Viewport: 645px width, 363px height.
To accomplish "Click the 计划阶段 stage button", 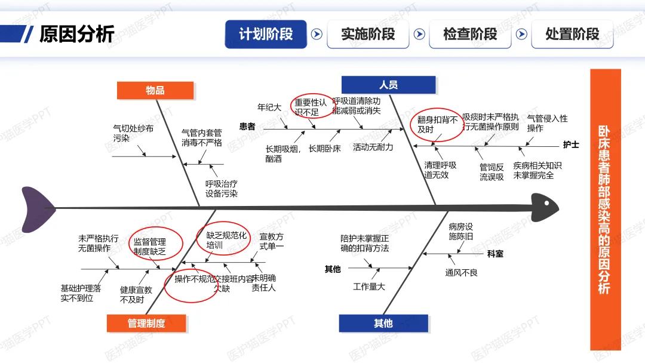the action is pyautogui.click(x=266, y=34).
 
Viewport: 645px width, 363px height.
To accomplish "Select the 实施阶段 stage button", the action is pyautogui.click(x=368, y=34).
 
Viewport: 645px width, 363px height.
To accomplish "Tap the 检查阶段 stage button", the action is pyautogui.click(x=470, y=34).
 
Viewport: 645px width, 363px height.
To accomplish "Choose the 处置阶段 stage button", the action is pyautogui.click(x=572, y=34).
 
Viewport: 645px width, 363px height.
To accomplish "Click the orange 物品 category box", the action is pyautogui.click(x=155, y=90).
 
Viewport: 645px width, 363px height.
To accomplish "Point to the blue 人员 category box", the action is pyautogui.click(x=388, y=85).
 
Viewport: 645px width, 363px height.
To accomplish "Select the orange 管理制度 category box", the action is pyautogui.click(x=146, y=323).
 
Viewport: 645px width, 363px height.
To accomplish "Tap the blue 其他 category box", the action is pyautogui.click(x=383, y=323).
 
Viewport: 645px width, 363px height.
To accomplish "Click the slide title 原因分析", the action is pyautogui.click(x=76, y=34).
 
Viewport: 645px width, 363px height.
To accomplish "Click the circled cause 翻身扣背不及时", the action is pyautogui.click(x=437, y=125).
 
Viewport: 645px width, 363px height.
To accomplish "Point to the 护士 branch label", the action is pyautogui.click(x=571, y=144).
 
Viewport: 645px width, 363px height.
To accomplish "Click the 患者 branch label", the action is pyautogui.click(x=247, y=127).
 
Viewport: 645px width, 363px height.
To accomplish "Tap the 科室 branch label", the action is pyautogui.click(x=495, y=254).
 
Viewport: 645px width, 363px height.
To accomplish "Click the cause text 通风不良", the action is pyautogui.click(x=461, y=273).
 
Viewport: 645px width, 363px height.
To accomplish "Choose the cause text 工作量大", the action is pyautogui.click(x=368, y=287).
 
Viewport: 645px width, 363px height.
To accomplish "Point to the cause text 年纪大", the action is pyautogui.click(x=269, y=107).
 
